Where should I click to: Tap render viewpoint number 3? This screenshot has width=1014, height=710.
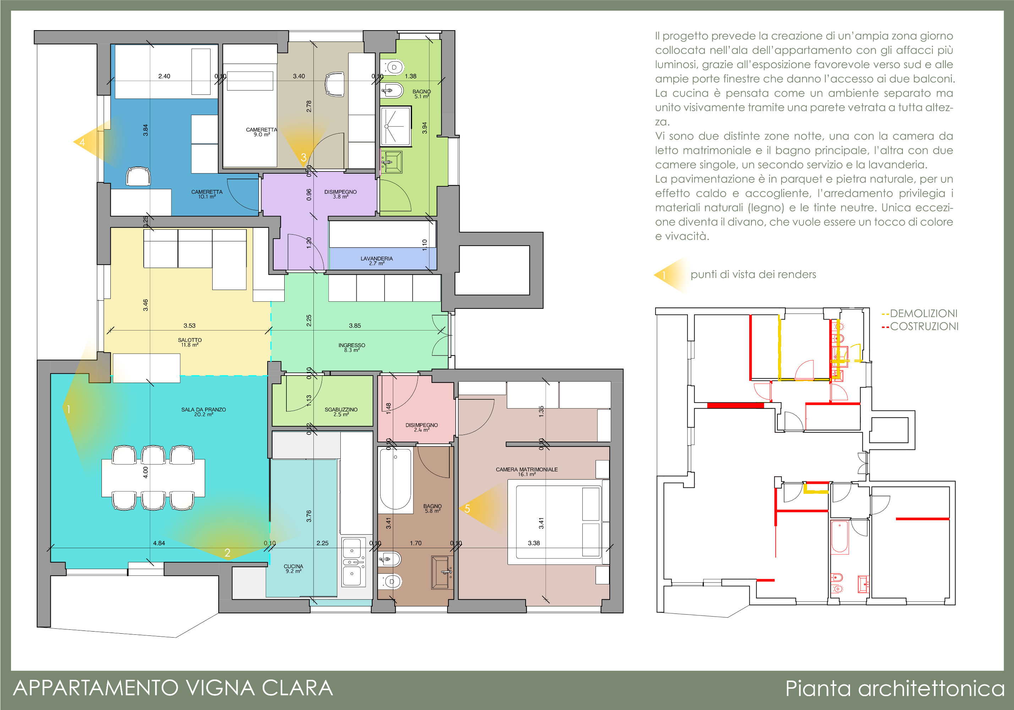pos(303,157)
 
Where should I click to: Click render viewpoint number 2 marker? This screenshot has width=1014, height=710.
pos(228,552)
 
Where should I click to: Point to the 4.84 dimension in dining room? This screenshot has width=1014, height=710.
pos(159,543)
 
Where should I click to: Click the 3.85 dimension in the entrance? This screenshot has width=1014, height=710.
pos(355,326)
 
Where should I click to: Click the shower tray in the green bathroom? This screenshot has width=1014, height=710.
pos(396,126)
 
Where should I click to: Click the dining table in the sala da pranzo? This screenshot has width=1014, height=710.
pos(153,477)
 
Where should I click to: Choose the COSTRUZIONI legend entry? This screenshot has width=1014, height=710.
pos(920,327)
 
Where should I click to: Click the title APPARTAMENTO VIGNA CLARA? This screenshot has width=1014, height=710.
pos(173,688)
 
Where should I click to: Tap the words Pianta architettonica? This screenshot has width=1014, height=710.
pos(895,688)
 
